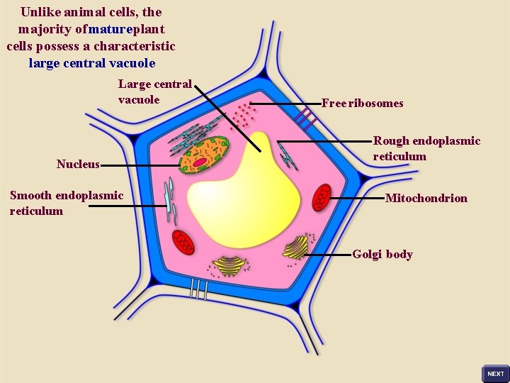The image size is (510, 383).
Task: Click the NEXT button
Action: tap(495, 373)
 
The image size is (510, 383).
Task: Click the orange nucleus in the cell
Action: tap(204, 155)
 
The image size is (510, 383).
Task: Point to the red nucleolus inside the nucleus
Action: tap(200, 162)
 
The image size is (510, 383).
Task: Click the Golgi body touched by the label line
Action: tap(296, 248)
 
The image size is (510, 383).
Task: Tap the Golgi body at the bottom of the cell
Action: tap(229, 265)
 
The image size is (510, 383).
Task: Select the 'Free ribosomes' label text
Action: tap(362, 104)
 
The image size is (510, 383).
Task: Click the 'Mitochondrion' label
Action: tap(426, 199)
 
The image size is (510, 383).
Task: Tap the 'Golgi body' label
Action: tap(382, 255)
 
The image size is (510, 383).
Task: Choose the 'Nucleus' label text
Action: tap(78, 165)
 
